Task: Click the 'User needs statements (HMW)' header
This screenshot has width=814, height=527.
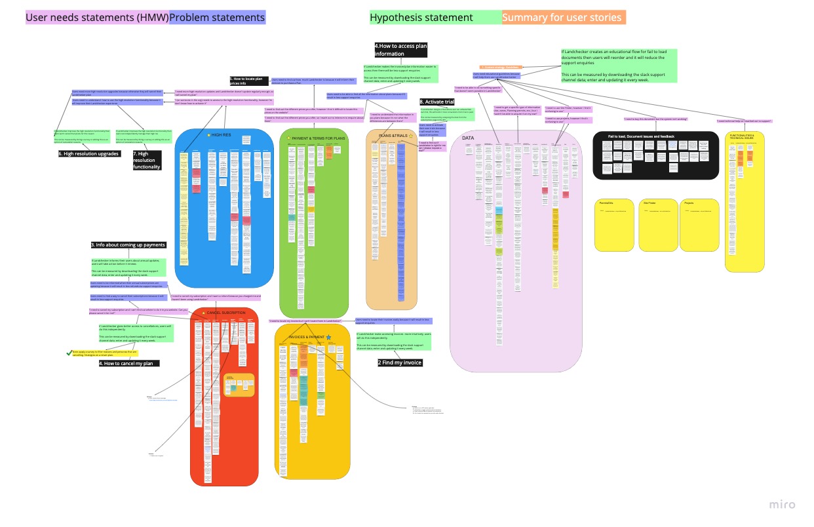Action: coord(97,18)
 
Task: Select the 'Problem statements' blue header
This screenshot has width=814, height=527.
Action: coord(218,18)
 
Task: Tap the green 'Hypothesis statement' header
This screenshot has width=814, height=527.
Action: coord(421,18)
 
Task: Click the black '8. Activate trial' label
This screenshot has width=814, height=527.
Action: coord(436,102)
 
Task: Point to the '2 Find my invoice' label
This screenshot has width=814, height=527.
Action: coord(400,362)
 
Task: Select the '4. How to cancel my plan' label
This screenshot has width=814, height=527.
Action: coord(129,363)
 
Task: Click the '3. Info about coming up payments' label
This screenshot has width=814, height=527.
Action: coord(128,245)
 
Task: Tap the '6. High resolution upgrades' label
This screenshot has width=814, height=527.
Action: coord(89,153)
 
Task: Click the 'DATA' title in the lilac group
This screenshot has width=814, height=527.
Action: coord(468,138)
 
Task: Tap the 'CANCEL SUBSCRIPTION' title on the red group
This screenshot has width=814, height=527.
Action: coord(226,313)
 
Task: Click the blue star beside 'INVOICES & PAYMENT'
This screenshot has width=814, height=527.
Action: coord(329,337)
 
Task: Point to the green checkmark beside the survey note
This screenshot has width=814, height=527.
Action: coord(68,353)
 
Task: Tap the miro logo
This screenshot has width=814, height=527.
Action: coord(782,504)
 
